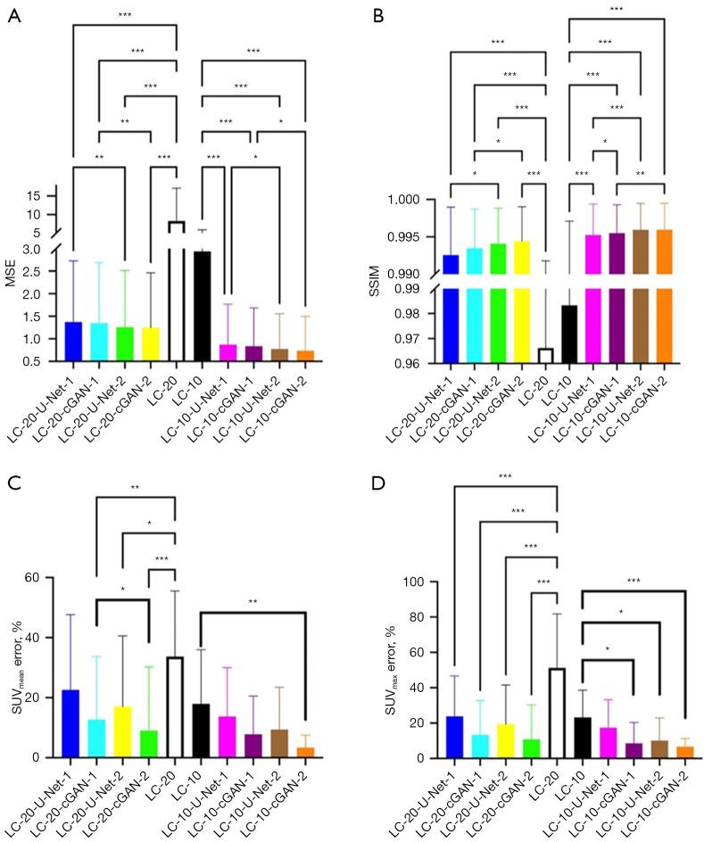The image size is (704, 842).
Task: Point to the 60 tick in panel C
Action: point(46,577)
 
